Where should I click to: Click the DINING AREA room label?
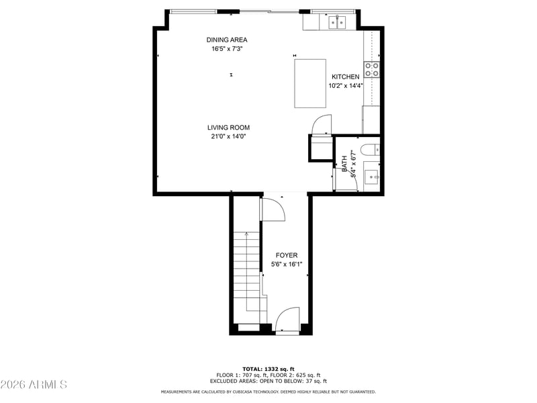(x=227, y=40)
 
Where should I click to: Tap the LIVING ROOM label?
(x=228, y=128)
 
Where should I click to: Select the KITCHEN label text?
(x=345, y=77)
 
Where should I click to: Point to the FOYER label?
(x=287, y=255)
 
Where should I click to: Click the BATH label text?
(x=344, y=164)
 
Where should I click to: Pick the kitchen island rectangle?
(x=310, y=83)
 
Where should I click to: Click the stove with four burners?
(x=372, y=70)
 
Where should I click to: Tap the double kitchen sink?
(x=338, y=22)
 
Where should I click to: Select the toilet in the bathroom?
(x=370, y=150)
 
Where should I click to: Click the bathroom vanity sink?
(x=371, y=177)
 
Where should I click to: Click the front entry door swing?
(x=287, y=320)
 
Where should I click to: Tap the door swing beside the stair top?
(x=273, y=210)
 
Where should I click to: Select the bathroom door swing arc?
(x=348, y=178)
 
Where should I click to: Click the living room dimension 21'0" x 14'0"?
(x=228, y=136)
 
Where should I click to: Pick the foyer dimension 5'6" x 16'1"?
(x=287, y=264)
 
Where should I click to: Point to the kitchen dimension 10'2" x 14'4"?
(x=346, y=86)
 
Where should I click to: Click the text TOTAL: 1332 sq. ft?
(x=268, y=369)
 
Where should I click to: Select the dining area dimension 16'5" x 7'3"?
(x=227, y=48)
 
